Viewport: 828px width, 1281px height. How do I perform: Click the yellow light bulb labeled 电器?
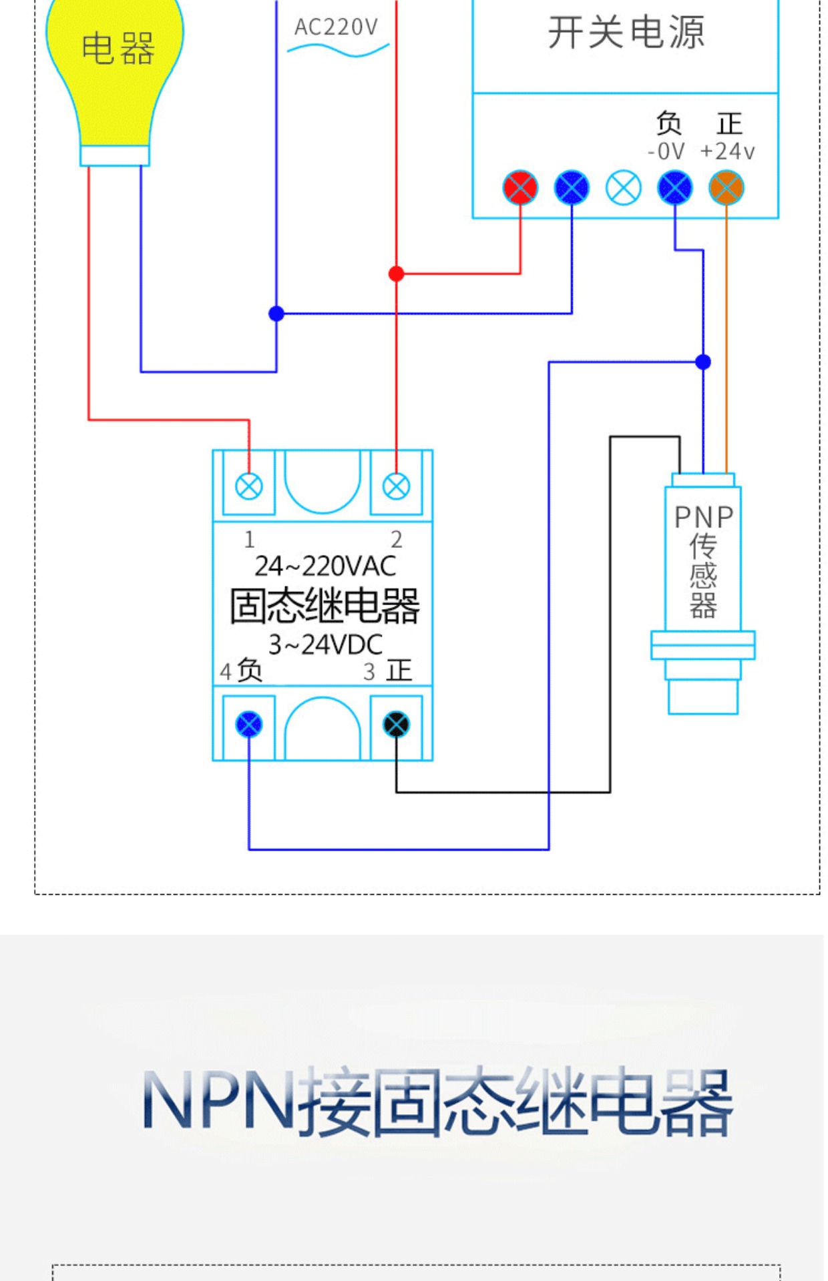pyautogui.click(x=115, y=73)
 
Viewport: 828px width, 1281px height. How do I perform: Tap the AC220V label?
pyautogui.click(x=337, y=27)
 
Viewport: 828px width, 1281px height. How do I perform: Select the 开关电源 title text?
pyautogui.click(x=626, y=32)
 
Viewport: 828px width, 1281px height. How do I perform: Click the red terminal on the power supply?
pyautogui.click(x=520, y=187)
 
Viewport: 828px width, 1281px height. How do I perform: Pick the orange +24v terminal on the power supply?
pyautogui.click(x=727, y=187)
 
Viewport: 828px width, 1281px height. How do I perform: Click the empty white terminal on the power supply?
pyautogui.click(x=624, y=187)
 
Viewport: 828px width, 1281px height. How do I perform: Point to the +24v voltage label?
pyautogui.click(x=727, y=151)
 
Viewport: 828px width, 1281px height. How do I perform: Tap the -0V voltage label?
pyautogui.click(x=666, y=151)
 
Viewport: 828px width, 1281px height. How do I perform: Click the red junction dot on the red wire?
pyautogui.click(x=396, y=274)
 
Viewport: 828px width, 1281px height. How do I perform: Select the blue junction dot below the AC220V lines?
pyautogui.click(x=276, y=313)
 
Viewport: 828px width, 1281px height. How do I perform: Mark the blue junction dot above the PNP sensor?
pyautogui.click(x=703, y=362)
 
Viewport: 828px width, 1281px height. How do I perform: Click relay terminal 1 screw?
pyautogui.click(x=249, y=486)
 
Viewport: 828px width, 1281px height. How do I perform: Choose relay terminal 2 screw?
pyautogui.click(x=396, y=486)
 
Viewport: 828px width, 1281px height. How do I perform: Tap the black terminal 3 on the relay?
pyautogui.click(x=396, y=724)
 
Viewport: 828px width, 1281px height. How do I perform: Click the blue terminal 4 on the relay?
pyautogui.click(x=249, y=724)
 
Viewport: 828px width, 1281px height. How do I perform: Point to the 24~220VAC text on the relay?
pyautogui.click(x=325, y=566)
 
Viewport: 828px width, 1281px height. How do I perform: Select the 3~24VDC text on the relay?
pyautogui.click(x=325, y=645)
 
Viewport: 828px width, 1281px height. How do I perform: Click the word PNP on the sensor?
pyautogui.click(x=704, y=517)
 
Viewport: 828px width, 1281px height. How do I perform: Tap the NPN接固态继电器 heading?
pyautogui.click(x=437, y=1102)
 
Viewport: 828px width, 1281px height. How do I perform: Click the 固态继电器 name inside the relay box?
pyautogui.click(x=325, y=606)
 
